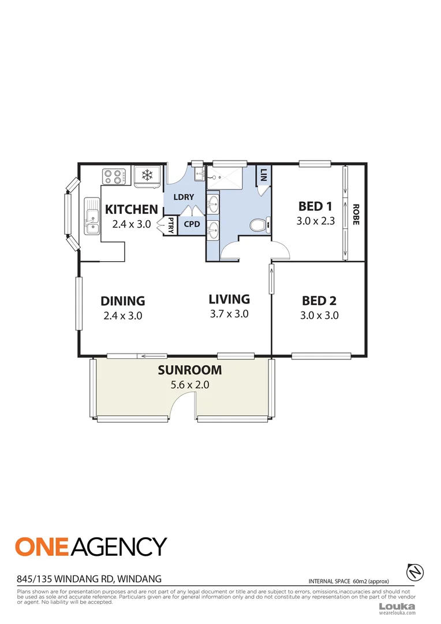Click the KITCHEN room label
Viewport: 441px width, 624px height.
coord(131,209)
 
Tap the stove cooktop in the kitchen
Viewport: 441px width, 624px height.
coord(114,176)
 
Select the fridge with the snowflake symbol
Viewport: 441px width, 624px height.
coord(148,175)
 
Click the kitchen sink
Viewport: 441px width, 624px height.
coord(91,217)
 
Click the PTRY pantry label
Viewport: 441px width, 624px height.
coord(171,225)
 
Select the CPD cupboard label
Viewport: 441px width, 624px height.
coord(192,224)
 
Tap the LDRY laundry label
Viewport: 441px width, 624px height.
coord(184,197)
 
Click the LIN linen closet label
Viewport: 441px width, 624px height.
coord(264,174)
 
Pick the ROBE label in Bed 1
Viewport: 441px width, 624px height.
coord(356,214)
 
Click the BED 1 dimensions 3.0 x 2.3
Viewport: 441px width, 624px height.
coord(315,220)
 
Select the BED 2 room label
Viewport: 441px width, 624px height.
coord(319,301)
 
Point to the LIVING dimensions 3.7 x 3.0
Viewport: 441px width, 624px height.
coord(229,314)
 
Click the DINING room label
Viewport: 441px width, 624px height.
coord(122,301)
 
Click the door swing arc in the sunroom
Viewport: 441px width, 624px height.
coord(180,402)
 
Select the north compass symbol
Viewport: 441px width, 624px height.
coord(415,571)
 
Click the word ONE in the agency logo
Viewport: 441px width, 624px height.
coord(44,547)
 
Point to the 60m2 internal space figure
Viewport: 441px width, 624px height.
coord(361,581)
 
